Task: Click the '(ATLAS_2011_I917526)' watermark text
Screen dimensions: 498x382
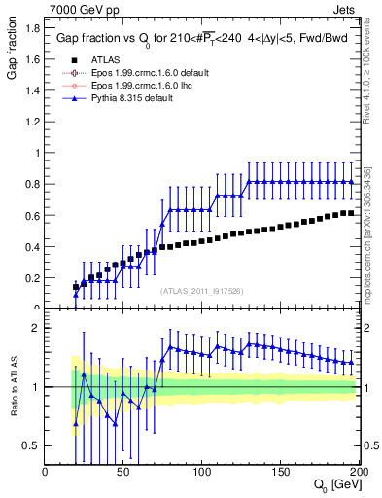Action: tap(202, 291)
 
